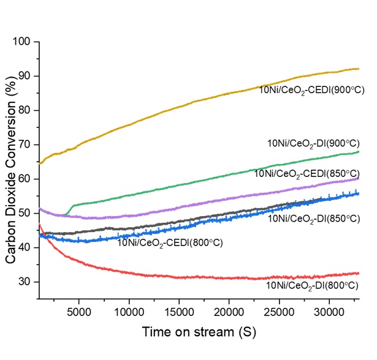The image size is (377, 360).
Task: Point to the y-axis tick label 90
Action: tap(27, 76)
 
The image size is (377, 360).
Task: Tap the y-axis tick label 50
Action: tap(27, 213)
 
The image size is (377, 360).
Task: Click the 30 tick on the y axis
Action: tap(27, 282)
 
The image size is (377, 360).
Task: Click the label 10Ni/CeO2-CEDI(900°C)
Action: tap(311, 89)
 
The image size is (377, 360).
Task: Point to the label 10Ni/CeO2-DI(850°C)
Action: tap(312, 218)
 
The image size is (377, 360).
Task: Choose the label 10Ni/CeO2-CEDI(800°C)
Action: tap(169, 243)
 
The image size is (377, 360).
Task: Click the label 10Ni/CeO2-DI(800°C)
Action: tap(312, 285)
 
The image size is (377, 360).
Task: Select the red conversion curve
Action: tap(184, 277)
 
